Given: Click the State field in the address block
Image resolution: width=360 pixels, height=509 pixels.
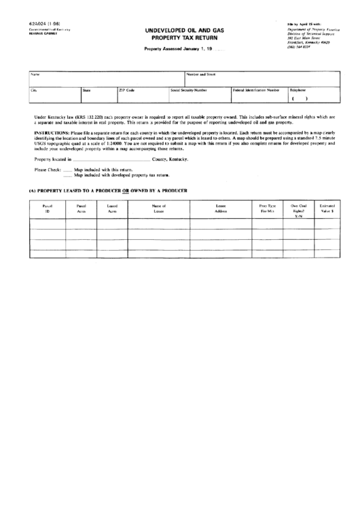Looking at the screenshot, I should pos(98,94).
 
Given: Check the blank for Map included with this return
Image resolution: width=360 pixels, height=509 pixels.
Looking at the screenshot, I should pos(67,170).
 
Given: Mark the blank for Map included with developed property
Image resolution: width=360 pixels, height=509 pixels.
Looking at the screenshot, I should pos(67,175).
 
